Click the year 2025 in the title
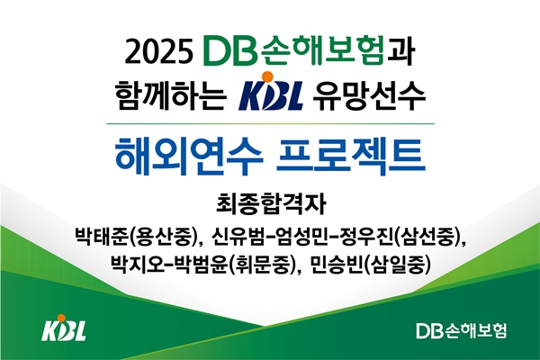point(158,53)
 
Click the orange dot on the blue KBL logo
point(267,76)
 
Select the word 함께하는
point(171,94)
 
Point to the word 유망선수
point(368,95)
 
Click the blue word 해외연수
point(189,156)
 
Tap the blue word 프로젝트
point(351,156)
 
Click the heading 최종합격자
point(271,203)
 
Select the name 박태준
point(103,236)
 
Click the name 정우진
point(366,236)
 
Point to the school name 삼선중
point(427,236)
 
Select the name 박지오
point(138,265)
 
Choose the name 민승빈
point(337,265)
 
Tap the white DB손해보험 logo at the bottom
point(462,330)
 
